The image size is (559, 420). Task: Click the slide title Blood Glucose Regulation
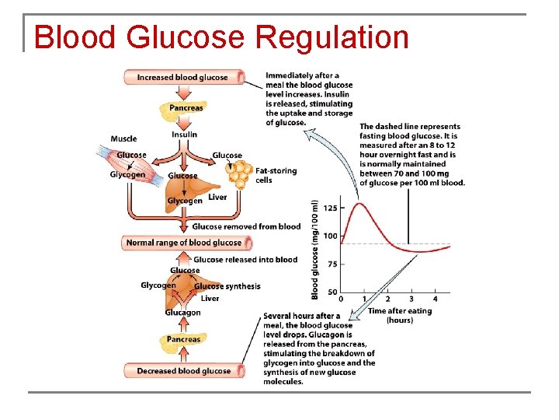[221, 37]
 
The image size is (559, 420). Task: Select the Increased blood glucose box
[183, 77]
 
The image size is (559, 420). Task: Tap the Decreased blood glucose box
[183, 371]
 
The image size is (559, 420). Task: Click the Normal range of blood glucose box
[183, 243]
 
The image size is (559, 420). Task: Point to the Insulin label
[185, 134]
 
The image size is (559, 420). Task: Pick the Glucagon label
[182, 313]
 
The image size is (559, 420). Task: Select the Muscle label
[123, 139]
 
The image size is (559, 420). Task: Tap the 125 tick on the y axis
[330, 208]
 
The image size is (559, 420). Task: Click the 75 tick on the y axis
[332, 264]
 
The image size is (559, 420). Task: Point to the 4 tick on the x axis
[435, 299]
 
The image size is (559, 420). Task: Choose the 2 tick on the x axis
[387, 299]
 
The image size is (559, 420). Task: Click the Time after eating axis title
[400, 315]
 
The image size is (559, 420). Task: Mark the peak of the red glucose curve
[359, 204]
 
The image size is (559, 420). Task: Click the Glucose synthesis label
[227, 286]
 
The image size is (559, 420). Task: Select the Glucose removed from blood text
[246, 226]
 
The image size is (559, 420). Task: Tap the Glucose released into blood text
[245, 259]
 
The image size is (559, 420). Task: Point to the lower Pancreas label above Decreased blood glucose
[183, 340]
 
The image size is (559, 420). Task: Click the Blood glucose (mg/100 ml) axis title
[315, 249]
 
